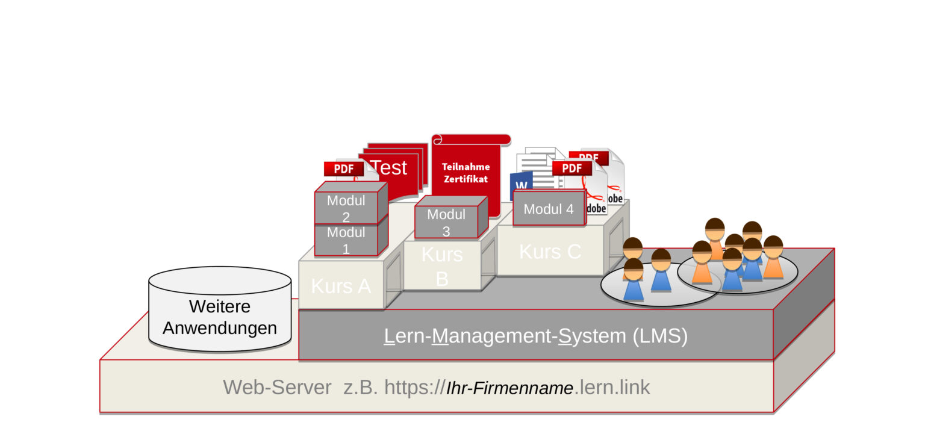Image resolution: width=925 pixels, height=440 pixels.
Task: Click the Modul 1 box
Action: coord(346,240)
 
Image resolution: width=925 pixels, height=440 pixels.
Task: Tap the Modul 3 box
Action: coord(446,222)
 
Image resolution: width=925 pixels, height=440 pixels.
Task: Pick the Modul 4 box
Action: coord(549,209)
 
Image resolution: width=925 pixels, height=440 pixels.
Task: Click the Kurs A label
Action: coord(341,286)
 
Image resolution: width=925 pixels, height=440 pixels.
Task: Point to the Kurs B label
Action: coord(442,265)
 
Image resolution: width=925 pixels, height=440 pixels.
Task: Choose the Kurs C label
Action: coord(550,252)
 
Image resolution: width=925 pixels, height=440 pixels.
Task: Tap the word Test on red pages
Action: coord(389,168)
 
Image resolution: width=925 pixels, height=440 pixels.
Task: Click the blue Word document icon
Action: coord(521,184)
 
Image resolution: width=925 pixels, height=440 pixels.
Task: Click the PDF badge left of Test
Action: coord(344,169)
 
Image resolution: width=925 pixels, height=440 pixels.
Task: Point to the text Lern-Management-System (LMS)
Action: coord(535,336)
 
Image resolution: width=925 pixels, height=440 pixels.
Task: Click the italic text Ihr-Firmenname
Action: coord(509,388)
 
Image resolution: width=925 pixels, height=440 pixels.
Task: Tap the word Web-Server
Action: coord(277,387)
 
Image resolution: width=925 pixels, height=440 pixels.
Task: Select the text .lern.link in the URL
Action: coord(612,387)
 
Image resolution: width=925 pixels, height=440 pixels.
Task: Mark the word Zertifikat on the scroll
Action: coord(466,179)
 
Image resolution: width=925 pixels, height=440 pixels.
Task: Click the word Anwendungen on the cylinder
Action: coord(220,328)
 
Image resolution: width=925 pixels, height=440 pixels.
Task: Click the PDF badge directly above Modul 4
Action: coord(572,169)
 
